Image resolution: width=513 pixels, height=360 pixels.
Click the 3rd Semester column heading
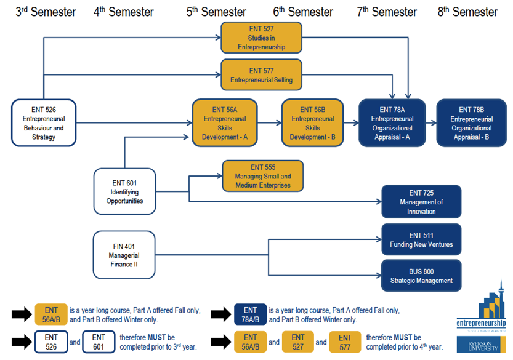pos(46,12)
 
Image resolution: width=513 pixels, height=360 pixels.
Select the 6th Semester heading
pos(304,12)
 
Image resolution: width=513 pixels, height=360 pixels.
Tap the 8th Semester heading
pos(467,12)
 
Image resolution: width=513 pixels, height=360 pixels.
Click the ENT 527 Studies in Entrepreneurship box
pos(261,38)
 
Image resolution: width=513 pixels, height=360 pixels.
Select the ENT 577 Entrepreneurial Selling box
pos(261,75)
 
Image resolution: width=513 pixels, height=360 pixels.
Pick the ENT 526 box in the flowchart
pos(43,123)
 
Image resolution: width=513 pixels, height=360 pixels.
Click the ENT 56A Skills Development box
pos(224,123)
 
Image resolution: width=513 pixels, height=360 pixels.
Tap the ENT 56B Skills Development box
pos(312,123)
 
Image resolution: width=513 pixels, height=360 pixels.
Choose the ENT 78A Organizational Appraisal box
pos(392,123)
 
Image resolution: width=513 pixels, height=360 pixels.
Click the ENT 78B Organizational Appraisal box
pos(471,123)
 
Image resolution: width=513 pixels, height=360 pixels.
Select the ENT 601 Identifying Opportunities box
pos(124,191)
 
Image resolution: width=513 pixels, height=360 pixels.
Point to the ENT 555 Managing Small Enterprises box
pos(263,176)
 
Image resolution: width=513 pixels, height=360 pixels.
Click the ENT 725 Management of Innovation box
pos(421,202)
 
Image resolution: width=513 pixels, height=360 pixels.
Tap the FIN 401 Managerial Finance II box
pos(124,255)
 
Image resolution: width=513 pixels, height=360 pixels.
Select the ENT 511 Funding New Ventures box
pos(421,239)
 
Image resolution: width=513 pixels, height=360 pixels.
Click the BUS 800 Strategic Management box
pos(421,276)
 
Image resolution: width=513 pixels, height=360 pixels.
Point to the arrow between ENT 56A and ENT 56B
pos(269,123)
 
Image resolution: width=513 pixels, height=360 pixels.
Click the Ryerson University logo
pos(481,344)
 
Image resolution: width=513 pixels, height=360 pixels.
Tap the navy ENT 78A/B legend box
pos(250,314)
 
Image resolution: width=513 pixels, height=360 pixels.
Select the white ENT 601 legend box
pos(99,342)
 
